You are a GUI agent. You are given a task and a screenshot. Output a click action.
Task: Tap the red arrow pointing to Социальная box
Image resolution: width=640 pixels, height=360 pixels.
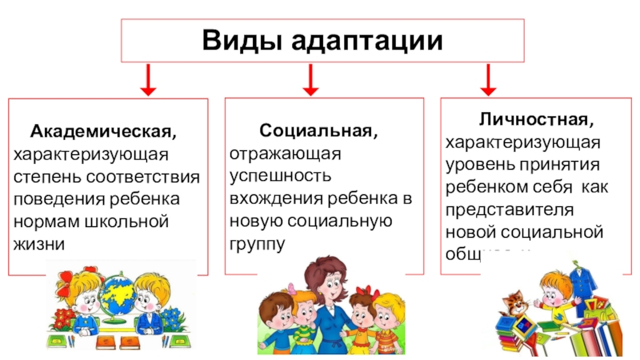[x=311, y=78]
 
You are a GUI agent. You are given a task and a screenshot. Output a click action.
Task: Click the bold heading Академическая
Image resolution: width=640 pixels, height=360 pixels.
[x=105, y=130]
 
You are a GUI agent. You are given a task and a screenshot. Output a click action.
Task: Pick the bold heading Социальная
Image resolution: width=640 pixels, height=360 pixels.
[x=318, y=130]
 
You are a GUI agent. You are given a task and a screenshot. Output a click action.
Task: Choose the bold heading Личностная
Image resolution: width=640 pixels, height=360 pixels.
[x=537, y=121]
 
